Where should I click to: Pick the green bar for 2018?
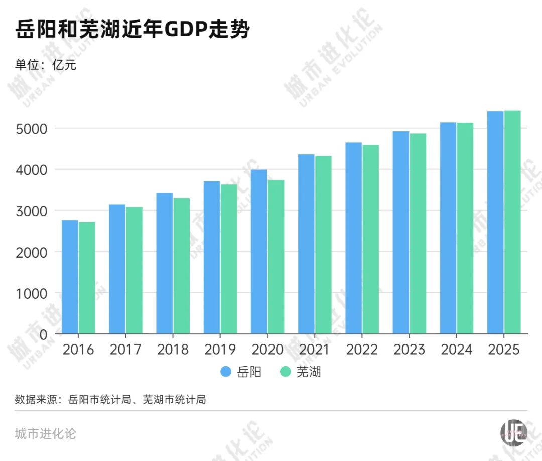pyautogui.click(x=182, y=266)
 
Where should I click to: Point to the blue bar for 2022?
pyautogui.click(x=353, y=238)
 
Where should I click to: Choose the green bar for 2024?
pyautogui.click(x=465, y=228)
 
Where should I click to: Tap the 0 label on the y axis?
pyautogui.click(x=44, y=334)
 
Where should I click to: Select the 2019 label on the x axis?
pyautogui.click(x=220, y=350)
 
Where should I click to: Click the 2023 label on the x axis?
pyautogui.click(x=410, y=350)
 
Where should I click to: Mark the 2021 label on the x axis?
pyautogui.click(x=315, y=350)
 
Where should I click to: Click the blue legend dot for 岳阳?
pyautogui.click(x=226, y=372)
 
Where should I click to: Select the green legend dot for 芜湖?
pyautogui.click(x=286, y=372)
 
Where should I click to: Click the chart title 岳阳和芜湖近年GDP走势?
pyautogui.click(x=132, y=30)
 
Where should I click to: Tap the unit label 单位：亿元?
pyautogui.click(x=46, y=65)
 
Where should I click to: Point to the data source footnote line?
pyautogui.click(x=110, y=400)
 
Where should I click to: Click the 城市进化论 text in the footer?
pyautogui.click(x=46, y=433)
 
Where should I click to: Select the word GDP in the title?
pyautogui.click(x=186, y=30)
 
